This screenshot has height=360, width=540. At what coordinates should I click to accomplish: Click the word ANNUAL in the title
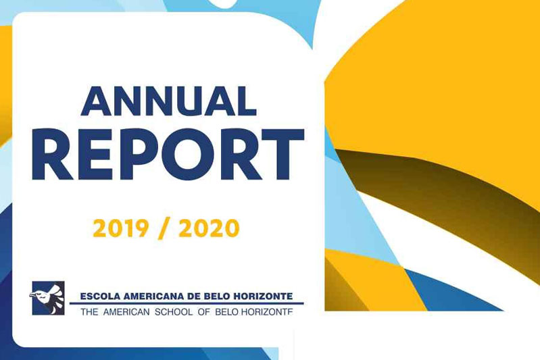(169, 101)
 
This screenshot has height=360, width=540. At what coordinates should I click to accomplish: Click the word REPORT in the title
(168, 155)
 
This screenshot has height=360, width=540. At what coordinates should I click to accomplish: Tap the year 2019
(121, 228)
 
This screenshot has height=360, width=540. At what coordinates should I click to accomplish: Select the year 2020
(209, 228)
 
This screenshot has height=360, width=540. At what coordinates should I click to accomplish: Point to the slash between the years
(164, 229)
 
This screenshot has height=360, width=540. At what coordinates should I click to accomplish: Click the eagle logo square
(48, 298)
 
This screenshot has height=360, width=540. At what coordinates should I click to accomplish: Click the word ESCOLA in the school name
(100, 296)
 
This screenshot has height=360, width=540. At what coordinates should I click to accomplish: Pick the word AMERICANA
(153, 296)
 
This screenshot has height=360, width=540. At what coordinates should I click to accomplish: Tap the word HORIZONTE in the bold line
(263, 296)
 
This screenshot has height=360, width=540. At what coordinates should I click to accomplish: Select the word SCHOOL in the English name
(174, 312)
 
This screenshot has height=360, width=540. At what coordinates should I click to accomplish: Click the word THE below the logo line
(89, 312)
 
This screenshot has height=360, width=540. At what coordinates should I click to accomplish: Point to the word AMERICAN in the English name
(126, 312)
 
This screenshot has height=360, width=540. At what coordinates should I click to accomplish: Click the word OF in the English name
(204, 312)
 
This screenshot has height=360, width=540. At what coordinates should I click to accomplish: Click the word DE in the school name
(193, 296)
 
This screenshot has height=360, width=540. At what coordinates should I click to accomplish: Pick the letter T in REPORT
(282, 155)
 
